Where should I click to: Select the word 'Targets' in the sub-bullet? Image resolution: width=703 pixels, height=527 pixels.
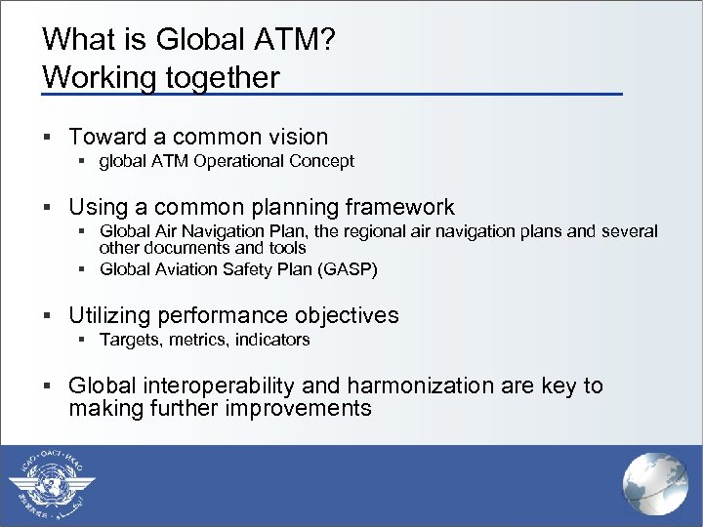pos(129,340)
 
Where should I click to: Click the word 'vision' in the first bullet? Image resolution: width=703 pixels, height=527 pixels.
pos(297,137)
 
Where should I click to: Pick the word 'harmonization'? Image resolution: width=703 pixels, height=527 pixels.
pos(427,385)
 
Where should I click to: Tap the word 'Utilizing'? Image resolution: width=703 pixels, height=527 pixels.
pos(109,315)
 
